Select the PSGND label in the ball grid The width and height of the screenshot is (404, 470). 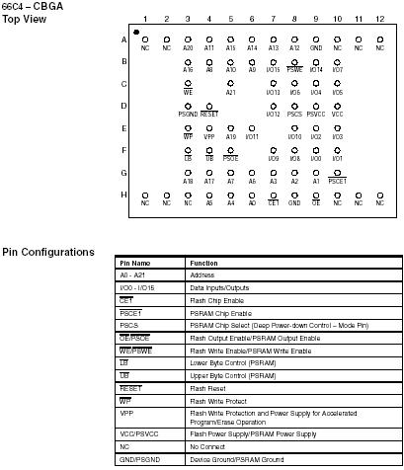(188, 115)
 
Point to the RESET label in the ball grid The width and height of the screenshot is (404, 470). (208, 115)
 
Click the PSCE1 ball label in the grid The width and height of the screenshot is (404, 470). (338, 181)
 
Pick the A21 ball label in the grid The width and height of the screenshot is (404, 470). (230, 93)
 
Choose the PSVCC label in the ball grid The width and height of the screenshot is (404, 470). (316, 115)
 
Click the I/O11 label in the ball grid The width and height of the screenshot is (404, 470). (251, 136)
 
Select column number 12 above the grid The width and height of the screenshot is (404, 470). (379, 20)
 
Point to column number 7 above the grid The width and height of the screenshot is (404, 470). (273, 20)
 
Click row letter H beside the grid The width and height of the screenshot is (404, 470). (124, 195)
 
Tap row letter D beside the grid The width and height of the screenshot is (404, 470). (124, 107)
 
